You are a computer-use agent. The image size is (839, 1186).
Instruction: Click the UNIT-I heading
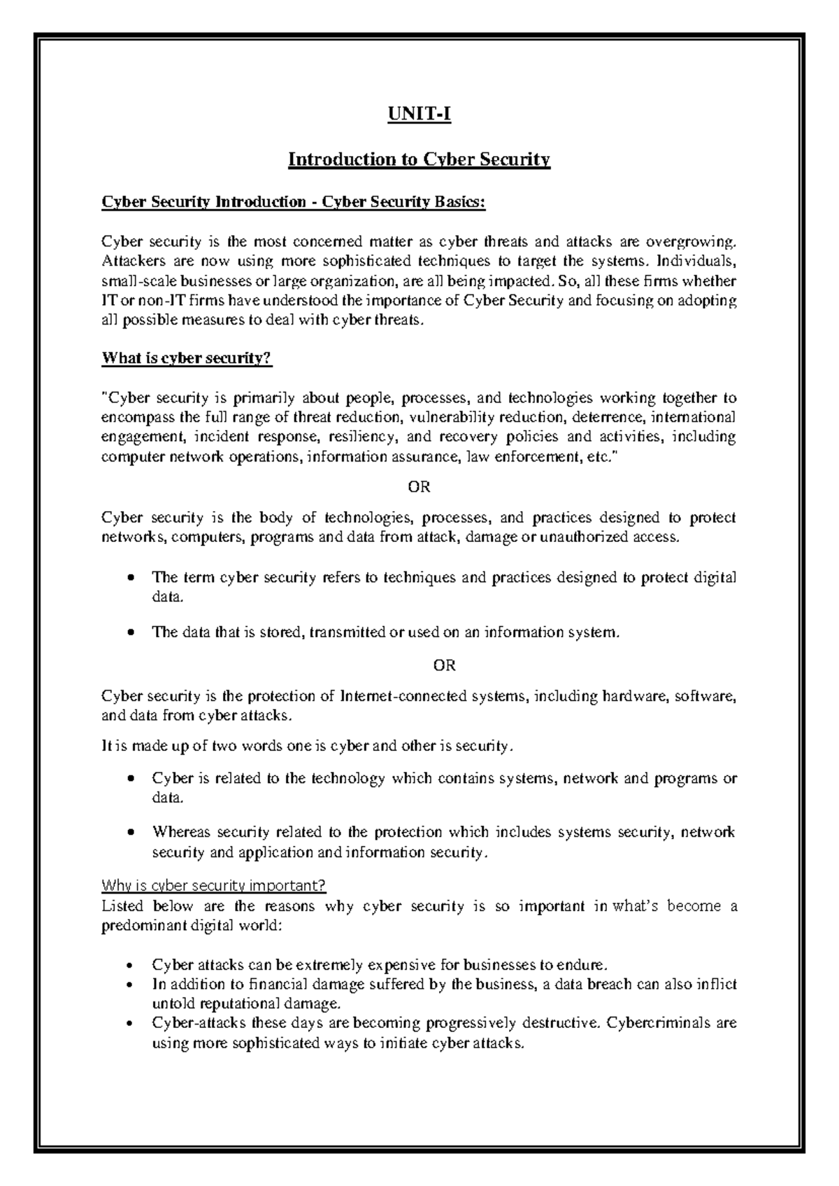(x=419, y=113)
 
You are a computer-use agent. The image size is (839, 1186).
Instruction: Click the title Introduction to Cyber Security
(x=419, y=160)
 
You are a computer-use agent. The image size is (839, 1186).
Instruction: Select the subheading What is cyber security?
(x=186, y=359)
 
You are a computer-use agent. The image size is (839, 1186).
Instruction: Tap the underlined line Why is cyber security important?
(x=214, y=886)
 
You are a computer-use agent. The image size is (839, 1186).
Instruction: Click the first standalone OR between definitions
(x=419, y=487)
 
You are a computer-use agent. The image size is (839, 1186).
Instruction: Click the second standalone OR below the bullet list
(x=445, y=665)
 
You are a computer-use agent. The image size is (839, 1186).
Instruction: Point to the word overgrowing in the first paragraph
(x=691, y=243)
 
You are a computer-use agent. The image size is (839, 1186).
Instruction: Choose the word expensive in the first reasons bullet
(x=402, y=965)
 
